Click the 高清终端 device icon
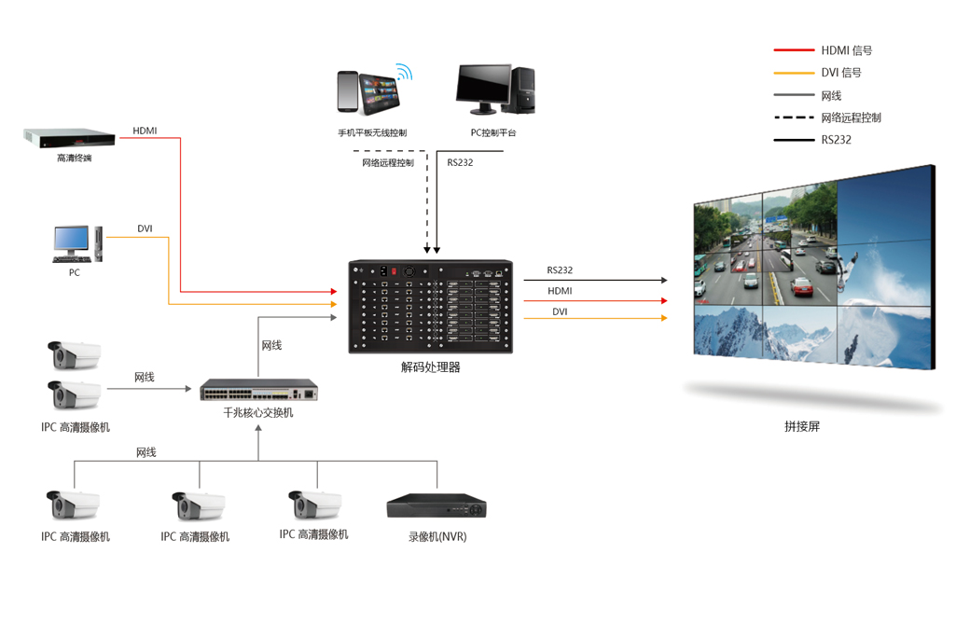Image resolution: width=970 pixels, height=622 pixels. (69, 137)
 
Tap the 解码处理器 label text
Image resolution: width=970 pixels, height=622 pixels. (430, 367)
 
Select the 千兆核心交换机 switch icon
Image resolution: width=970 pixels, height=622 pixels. (258, 389)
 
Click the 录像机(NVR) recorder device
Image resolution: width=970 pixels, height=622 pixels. (436, 506)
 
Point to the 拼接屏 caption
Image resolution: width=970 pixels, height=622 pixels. (802, 426)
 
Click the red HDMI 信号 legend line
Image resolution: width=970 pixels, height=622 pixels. (794, 50)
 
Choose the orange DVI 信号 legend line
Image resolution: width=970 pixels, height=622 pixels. (794, 73)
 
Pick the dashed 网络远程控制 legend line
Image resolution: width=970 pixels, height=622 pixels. (794, 117)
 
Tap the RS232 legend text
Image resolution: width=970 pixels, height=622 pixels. (836, 140)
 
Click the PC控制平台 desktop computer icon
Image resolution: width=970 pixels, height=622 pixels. (495, 90)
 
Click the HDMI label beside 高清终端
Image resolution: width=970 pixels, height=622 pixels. (145, 131)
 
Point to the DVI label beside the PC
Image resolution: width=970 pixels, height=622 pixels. (145, 229)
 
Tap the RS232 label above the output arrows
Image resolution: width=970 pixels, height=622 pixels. (560, 270)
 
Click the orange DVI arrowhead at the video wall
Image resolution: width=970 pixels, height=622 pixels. (664, 319)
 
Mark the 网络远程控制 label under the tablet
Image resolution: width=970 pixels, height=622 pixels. (388, 163)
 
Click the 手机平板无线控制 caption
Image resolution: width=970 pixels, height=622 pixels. (372, 133)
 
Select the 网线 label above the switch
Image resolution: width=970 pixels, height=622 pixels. (271, 346)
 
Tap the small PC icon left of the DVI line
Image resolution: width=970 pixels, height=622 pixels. (76, 243)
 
